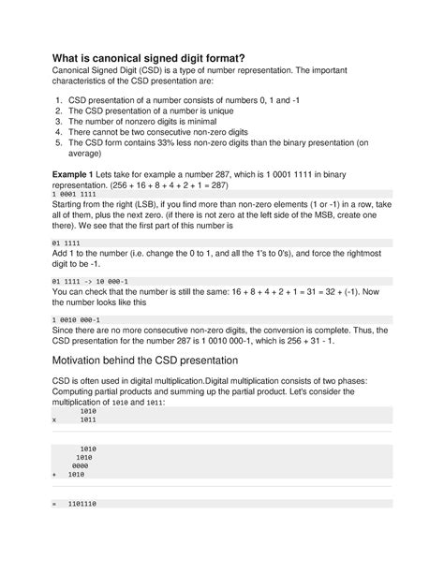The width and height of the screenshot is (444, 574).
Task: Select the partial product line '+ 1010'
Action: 75,475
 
